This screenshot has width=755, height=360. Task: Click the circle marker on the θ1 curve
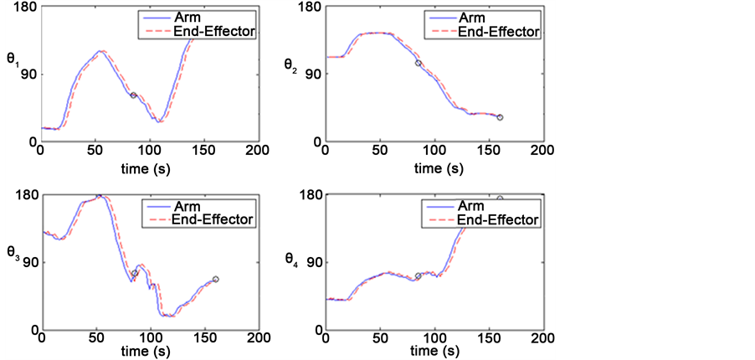pos(133,95)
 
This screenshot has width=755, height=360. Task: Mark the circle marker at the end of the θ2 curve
pos(500,117)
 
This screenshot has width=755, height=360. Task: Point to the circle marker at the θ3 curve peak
pos(98,196)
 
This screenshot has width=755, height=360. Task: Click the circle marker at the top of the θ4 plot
pos(500,198)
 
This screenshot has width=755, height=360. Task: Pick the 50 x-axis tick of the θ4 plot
pos(379,337)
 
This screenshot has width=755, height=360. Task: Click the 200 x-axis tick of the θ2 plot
pos(543,150)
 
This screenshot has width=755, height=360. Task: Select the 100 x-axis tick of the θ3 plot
pos(150,337)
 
